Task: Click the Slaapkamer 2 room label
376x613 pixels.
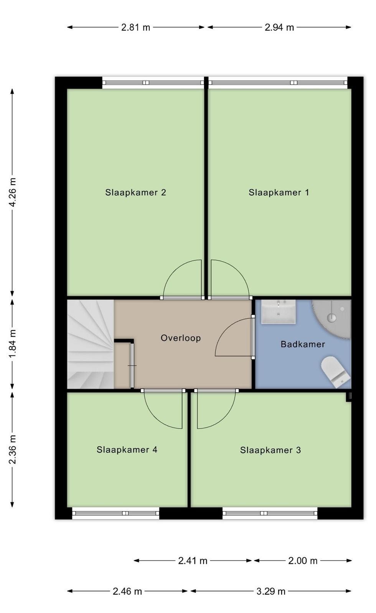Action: click(x=136, y=192)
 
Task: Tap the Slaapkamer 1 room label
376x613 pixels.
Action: click(x=279, y=192)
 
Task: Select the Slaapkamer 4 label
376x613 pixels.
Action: click(x=127, y=450)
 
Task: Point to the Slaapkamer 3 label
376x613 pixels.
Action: click(x=270, y=450)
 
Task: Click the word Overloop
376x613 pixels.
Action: click(x=181, y=338)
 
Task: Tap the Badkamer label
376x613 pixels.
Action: click(x=303, y=344)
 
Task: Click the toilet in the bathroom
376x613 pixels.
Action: click(x=336, y=372)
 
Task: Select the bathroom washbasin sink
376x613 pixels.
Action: click(x=278, y=312)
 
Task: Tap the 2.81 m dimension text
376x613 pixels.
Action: click(x=136, y=27)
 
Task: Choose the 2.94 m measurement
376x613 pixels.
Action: click(x=279, y=27)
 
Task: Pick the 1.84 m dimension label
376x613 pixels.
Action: click(x=13, y=344)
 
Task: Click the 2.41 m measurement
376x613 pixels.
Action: click(x=193, y=561)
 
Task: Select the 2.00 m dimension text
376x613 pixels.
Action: click(x=303, y=561)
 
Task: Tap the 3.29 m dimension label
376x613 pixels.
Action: click(x=271, y=592)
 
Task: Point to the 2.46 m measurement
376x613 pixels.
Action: click(x=127, y=592)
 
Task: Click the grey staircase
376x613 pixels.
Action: click(x=91, y=344)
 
